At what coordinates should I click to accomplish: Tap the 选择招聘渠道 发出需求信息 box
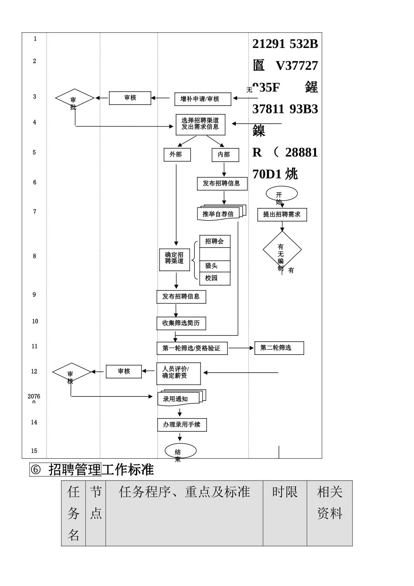[200, 124]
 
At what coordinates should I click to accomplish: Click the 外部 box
[177, 155]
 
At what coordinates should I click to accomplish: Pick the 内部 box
[225, 155]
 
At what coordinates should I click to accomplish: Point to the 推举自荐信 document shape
[221, 213]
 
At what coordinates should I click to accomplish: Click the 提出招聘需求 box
[282, 215]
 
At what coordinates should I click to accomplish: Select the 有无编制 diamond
[282, 250]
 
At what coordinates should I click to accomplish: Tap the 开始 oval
[282, 194]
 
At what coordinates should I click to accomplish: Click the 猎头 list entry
[214, 266]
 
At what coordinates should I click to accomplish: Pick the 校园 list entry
[214, 278]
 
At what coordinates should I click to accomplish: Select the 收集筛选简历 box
[181, 323]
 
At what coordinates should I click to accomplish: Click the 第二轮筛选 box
[279, 348]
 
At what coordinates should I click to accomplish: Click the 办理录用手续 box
[182, 425]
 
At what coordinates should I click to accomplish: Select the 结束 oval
[180, 451]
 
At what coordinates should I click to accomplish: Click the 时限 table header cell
[285, 493]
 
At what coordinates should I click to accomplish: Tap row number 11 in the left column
[34, 347]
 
